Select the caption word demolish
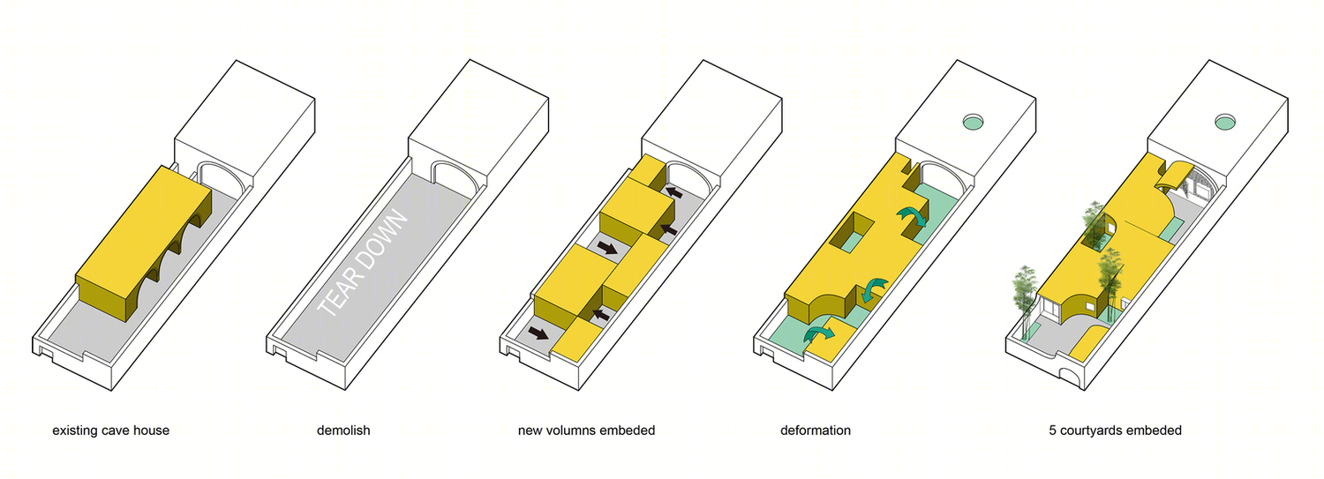[x=343, y=430]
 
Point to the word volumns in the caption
[x=570, y=430]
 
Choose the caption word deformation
[x=816, y=430]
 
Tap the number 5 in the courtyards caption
[x=1053, y=430]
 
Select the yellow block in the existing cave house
[x=144, y=242]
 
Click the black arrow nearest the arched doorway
[x=674, y=192]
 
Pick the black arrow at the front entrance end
[x=538, y=333]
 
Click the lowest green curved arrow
[x=818, y=335]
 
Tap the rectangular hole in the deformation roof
[x=853, y=233]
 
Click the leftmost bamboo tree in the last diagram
[x=1025, y=301]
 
